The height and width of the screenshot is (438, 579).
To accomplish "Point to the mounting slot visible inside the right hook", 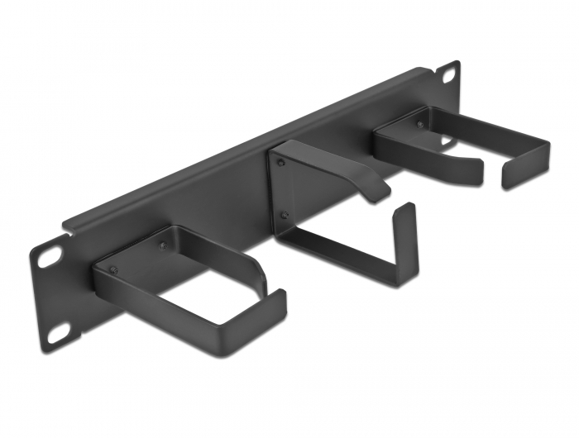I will point(447,141).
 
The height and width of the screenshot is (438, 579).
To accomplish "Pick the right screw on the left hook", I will point(162,247).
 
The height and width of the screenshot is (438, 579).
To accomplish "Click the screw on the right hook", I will point(420,125).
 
